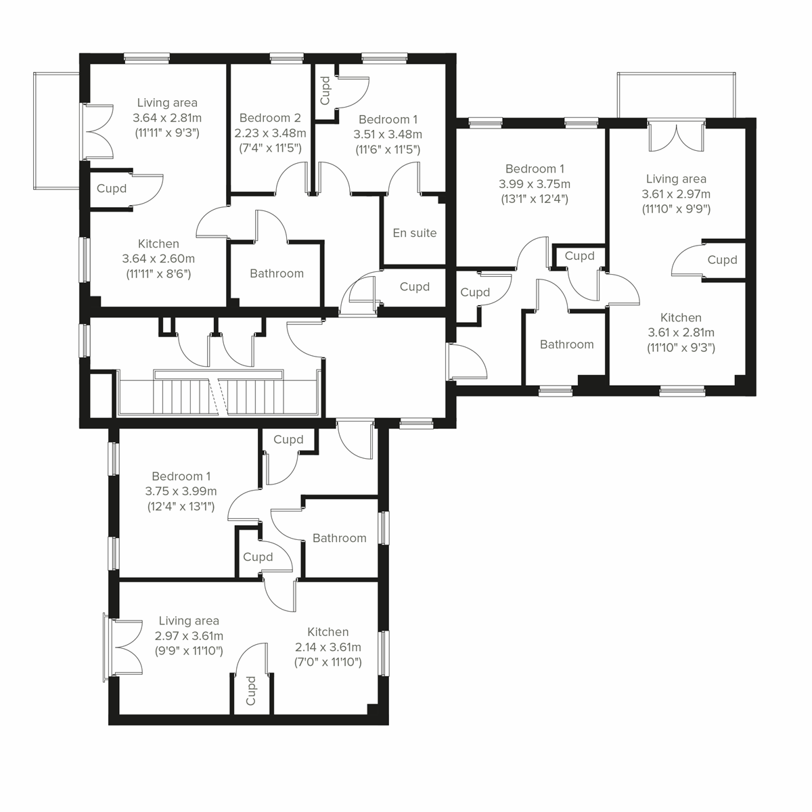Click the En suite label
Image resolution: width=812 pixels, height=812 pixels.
(415, 233)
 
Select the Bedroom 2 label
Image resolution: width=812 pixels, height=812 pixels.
(269, 117)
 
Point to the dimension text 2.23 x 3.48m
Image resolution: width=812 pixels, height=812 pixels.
(269, 133)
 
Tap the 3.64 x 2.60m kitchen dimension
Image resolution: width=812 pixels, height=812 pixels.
(158, 258)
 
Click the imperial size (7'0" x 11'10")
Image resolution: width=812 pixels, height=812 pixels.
(328, 662)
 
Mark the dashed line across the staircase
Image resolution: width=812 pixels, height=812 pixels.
(217, 396)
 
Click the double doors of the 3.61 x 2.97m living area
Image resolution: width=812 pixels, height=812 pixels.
(675, 137)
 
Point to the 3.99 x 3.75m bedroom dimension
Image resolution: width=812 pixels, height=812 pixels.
(534, 184)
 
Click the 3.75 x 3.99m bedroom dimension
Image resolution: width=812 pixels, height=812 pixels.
(181, 491)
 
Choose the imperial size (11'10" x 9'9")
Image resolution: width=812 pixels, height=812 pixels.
(675, 209)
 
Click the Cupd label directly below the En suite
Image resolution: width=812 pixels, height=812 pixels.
(415, 287)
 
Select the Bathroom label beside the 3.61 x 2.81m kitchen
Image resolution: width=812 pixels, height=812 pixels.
(566, 344)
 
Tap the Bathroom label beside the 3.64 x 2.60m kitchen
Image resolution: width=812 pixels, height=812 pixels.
(276, 273)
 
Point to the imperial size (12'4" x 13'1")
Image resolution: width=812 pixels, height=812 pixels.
(181, 506)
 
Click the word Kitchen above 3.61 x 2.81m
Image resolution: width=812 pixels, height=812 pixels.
(681, 317)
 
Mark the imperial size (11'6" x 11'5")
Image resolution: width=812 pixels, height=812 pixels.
(388, 149)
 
